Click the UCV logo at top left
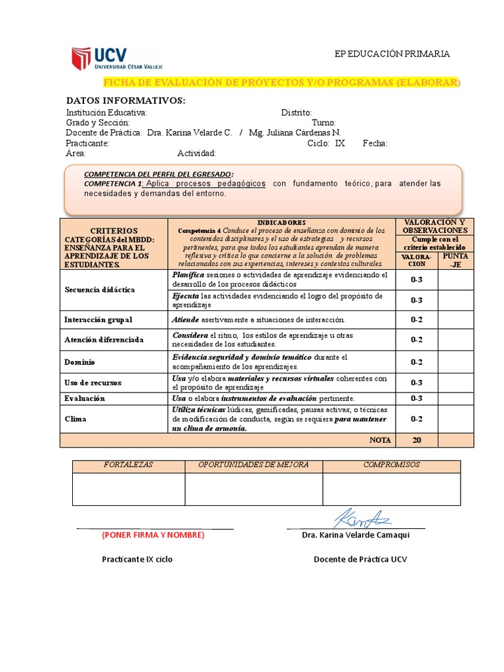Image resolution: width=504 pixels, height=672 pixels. (117, 58)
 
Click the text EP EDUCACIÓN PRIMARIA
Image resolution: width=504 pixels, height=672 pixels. (392, 54)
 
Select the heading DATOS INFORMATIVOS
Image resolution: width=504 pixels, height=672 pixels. (126, 100)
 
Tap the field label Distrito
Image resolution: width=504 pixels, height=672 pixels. (296, 113)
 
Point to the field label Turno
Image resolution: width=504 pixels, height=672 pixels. (324, 123)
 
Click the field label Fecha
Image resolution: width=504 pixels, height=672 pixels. (375, 143)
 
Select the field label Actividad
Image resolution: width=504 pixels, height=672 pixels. (197, 154)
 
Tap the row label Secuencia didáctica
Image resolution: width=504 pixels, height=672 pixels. (100, 289)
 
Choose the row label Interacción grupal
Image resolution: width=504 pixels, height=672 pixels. (98, 320)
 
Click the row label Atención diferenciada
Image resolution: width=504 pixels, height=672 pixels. (104, 340)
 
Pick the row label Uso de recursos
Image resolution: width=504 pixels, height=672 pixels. (93, 383)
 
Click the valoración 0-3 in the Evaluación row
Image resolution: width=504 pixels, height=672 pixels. (416, 398)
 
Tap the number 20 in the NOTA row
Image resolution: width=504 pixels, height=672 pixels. (416, 440)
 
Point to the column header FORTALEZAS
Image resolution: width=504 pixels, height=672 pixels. (129, 465)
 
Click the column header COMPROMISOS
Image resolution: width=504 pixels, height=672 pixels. (391, 465)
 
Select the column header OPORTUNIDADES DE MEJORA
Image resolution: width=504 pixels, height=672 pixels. (253, 465)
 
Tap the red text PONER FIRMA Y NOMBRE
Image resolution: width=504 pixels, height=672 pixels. (153, 535)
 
